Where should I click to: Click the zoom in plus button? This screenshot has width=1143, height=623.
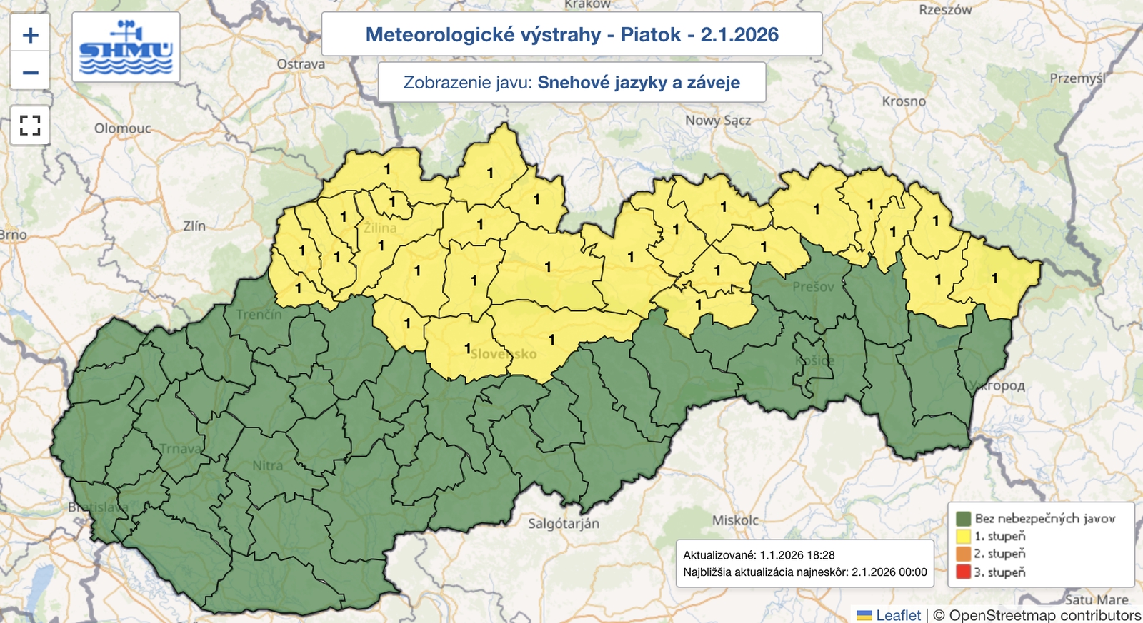pos(30,35)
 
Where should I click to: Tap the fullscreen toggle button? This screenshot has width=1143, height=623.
pos(30,125)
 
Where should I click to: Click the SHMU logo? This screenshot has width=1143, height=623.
pos(126,48)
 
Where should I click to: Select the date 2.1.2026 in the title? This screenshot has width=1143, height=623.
pos(739,34)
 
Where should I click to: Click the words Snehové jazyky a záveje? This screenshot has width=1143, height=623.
pos(639,83)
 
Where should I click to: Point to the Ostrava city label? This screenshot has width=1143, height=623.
pos(301,64)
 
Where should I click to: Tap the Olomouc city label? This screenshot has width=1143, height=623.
pos(123,128)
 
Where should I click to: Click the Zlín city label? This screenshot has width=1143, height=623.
pos(194,226)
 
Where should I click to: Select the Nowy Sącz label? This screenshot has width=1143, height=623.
pos(718,121)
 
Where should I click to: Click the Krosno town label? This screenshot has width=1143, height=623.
pos(904,101)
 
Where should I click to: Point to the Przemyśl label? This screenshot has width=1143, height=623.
pos(1077,78)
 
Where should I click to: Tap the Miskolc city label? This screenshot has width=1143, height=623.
pos(735,520)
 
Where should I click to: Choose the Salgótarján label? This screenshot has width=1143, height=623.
pos(564,524)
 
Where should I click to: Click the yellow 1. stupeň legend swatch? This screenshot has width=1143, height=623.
pos(963,536)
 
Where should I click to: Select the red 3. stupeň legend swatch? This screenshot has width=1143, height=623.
pos(963,572)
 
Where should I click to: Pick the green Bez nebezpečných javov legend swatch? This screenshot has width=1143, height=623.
pos(963,518)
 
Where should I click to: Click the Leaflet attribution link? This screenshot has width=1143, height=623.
pos(898,615)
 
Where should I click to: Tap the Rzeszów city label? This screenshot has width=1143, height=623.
pos(945,10)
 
